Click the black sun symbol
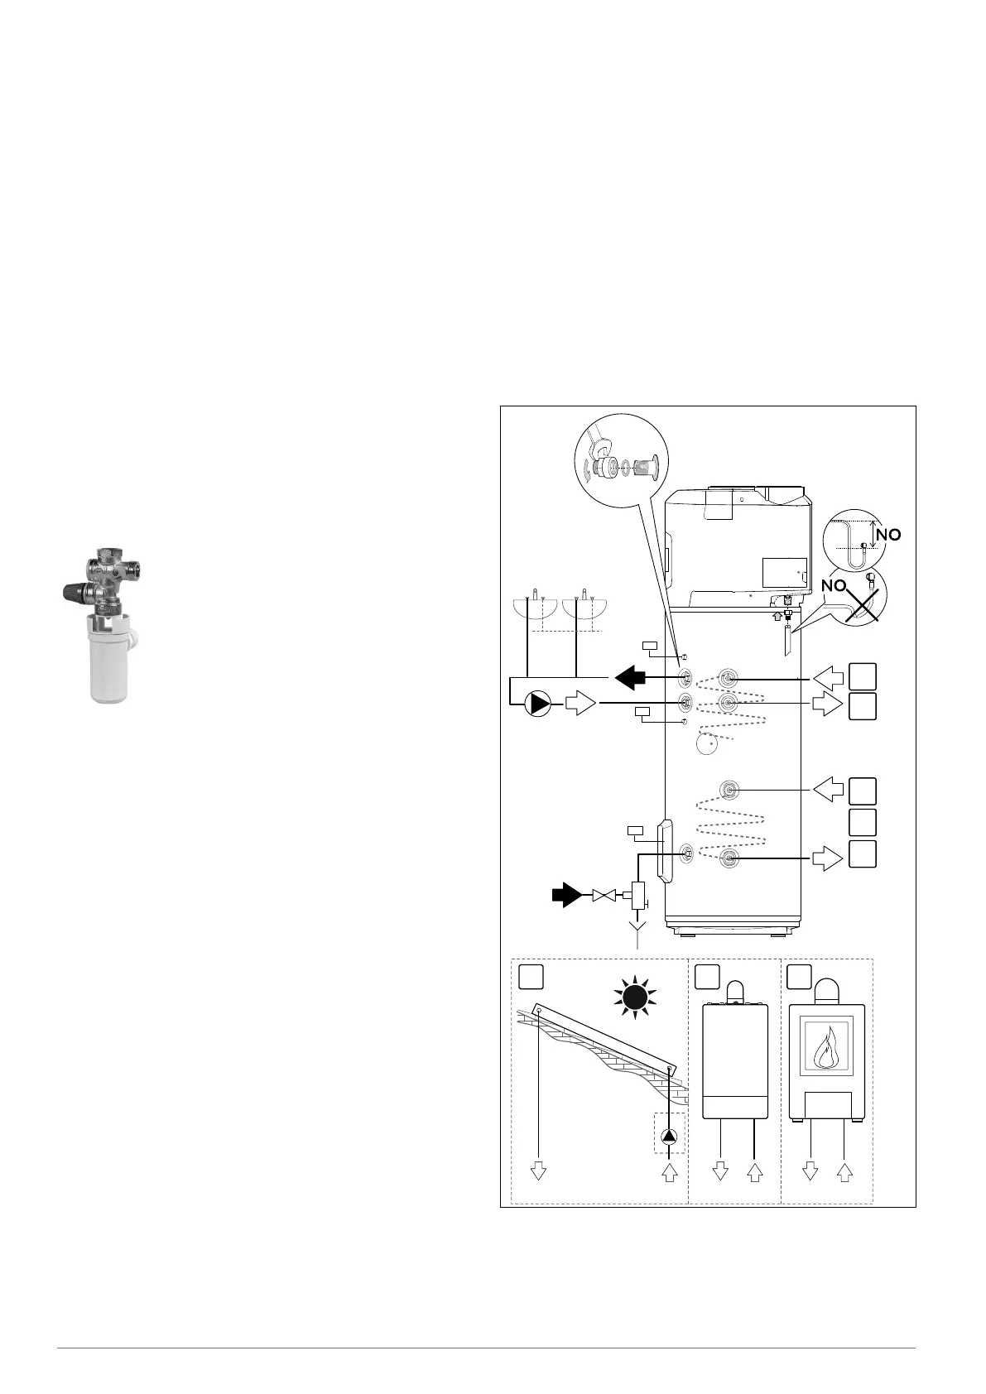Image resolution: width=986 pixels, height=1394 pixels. tap(635, 998)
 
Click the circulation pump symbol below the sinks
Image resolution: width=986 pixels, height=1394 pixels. tap(539, 704)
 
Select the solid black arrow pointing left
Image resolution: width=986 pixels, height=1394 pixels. tap(629, 676)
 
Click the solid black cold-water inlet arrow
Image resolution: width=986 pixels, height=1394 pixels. tap(567, 895)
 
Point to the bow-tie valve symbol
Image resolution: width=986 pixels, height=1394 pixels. tap(605, 895)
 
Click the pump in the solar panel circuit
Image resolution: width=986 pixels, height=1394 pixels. tap(669, 1137)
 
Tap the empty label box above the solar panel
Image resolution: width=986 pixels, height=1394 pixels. tap(531, 977)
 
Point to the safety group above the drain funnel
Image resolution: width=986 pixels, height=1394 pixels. tap(638, 896)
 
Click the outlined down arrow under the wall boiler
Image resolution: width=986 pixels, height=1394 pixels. tap(720, 1171)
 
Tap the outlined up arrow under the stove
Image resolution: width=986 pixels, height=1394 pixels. tap(844, 1171)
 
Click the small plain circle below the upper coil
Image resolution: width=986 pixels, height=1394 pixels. tap(707, 744)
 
